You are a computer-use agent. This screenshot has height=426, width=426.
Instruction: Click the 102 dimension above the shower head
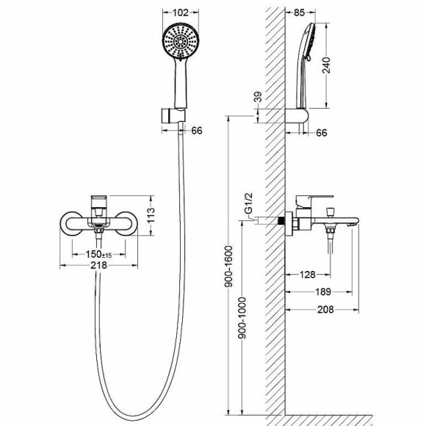(x=181, y=12)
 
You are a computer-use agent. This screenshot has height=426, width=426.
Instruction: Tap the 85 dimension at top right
(x=300, y=12)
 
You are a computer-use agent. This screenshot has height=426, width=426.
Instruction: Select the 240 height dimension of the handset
(x=326, y=65)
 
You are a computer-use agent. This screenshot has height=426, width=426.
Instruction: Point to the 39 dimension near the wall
(x=258, y=97)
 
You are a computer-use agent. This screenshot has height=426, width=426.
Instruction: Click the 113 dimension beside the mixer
(x=151, y=215)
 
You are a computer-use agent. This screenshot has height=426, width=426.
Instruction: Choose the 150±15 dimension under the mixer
(x=98, y=254)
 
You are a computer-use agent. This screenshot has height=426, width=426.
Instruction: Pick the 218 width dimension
(x=98, y=265)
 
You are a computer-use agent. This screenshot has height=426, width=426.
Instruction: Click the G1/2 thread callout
(x=248, y=203)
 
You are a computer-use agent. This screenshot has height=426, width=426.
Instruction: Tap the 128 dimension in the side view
(x=307, y=275)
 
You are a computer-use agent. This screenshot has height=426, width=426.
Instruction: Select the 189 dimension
(x=323, y=292)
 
